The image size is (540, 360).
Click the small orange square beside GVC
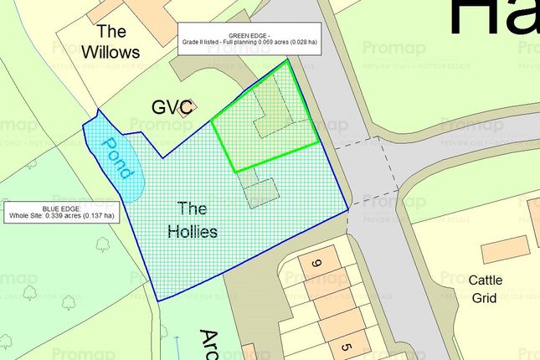click(x=190, y=106)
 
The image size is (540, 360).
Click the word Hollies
click(x=190, y=231)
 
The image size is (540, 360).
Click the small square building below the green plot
click(x=261, y=193)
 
